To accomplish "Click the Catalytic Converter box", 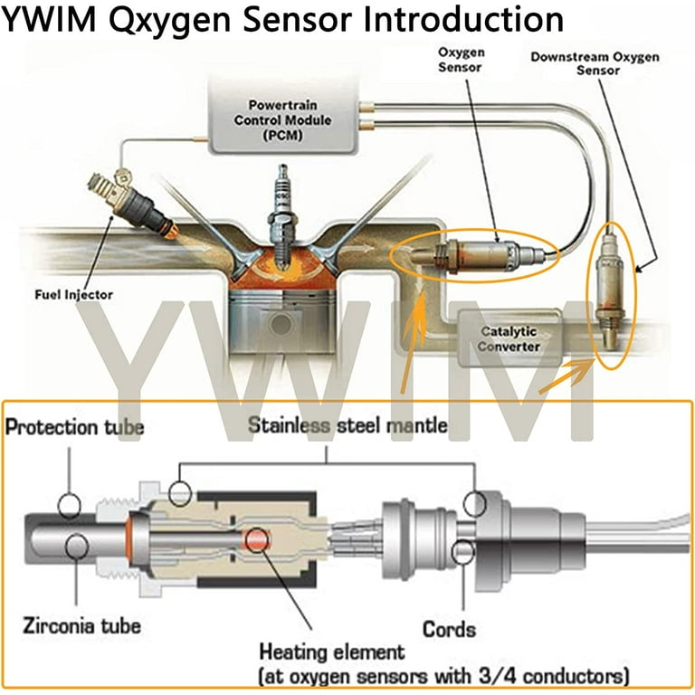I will point(509,339).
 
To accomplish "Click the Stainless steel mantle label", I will point(347,424).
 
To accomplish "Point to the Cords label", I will point(450,627).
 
